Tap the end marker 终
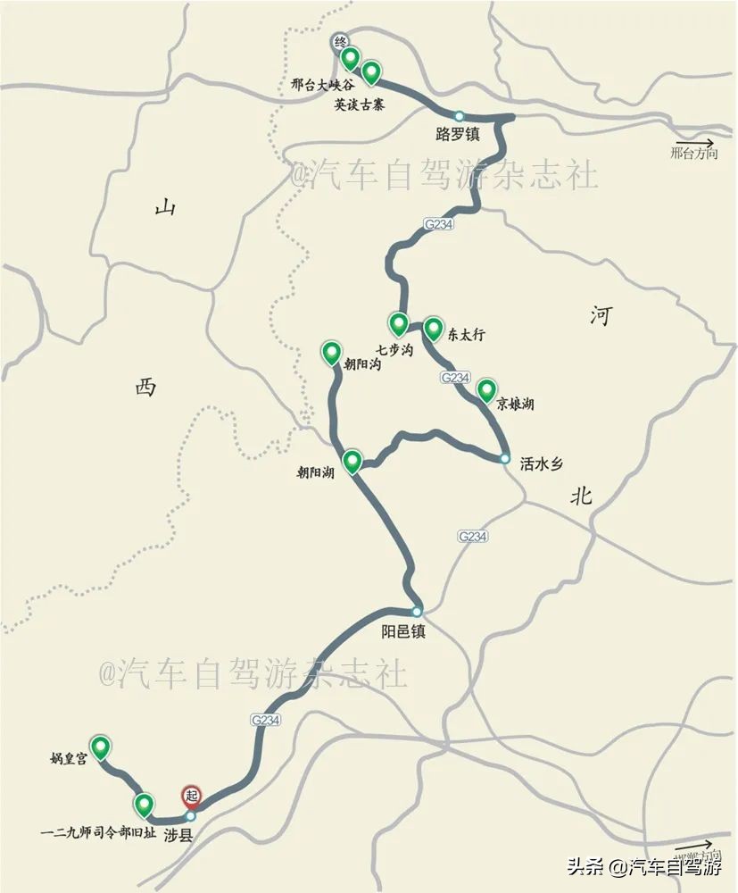pyautogui.click(x=340, y=41)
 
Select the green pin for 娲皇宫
pyautogui.click(x=101, y=747)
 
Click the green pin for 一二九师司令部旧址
pyautogui.click(x=144, y=805)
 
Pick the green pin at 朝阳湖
pyautogui.click(x=352, y=461)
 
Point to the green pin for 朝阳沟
pyautogui.click(x=331, y=353)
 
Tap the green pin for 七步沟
pyautogui.click(x=398, y=323)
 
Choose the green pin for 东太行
pyautogui.click(x=433, y=329)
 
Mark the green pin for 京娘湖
pyautogui.click(x=486, y=390)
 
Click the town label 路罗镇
pyautogui.click(x=458, y=135)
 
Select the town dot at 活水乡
pyautogui.click(x=505, y=459)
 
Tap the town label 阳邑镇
pyautogui.click(x=403, y=630)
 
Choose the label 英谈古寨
pyautogui.click(x=364, y=104)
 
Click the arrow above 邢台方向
pyautogui.click(x=694, y=142)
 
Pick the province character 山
pyautogui.click(x=165, y=208)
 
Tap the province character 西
pyautogui.click(x=145, y=387)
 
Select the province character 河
pyautogui.click(x=601, y=314)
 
